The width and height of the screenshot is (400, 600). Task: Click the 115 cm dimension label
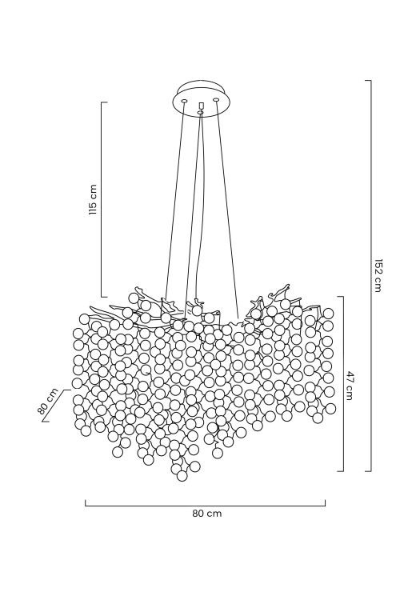93,199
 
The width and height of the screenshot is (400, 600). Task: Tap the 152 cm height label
378,275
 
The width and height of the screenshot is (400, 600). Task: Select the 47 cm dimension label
350,385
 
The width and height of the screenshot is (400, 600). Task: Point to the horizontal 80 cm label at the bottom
206,514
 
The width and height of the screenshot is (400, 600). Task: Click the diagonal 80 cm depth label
48,401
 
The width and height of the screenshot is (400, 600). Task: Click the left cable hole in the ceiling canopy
184,101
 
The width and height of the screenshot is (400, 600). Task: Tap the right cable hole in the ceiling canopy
216,100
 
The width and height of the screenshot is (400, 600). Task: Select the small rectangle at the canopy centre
201,106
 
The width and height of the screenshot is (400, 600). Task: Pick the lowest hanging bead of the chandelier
182,476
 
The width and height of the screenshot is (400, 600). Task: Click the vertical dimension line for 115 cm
102,199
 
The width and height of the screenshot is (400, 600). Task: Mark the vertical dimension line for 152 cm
371,275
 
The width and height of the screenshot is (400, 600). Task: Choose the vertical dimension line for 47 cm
343,384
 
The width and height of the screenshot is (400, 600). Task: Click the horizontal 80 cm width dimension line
205,506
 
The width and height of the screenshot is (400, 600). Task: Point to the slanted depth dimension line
57,406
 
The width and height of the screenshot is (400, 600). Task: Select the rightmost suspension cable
228,209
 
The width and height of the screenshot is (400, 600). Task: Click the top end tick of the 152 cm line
368,81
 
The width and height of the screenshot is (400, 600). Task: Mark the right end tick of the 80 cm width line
326,503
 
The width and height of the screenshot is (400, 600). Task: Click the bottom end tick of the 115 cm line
104,297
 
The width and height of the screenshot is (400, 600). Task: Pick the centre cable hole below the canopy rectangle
200,113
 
